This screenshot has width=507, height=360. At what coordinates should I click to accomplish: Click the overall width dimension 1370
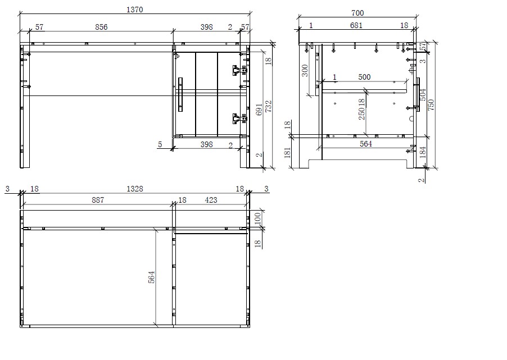point(135,10)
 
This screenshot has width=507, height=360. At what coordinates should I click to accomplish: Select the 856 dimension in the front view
point(101,27)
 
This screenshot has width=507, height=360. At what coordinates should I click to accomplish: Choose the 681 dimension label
point(356,25)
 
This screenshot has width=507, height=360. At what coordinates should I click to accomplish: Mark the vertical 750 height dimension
point(431,104)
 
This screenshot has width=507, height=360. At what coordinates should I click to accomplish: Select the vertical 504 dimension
point(423,95)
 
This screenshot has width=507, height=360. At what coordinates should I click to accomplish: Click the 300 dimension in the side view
point(305,70)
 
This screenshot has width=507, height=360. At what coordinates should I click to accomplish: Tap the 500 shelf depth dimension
point(364,77)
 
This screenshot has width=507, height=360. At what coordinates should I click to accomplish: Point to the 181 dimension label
point(288,153)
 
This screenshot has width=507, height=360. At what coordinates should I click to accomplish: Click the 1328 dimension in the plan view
point(135,189)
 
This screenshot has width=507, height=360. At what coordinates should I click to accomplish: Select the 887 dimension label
point(96,200)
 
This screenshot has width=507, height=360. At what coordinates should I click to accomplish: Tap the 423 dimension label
point(211,200)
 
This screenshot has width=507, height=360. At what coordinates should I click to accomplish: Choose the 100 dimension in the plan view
point(257,218)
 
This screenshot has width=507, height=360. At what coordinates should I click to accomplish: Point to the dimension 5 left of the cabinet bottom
point(160,144)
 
